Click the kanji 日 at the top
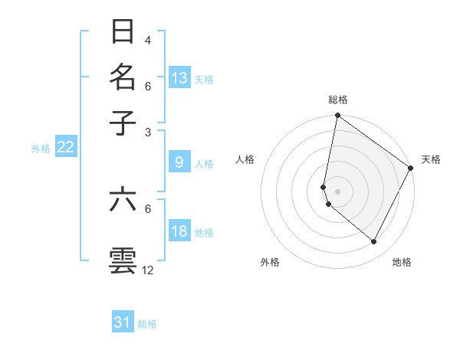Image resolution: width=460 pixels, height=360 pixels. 123,31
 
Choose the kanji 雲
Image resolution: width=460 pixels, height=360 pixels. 123,260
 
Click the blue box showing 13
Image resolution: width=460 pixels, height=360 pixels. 179,77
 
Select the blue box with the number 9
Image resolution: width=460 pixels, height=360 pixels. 179,162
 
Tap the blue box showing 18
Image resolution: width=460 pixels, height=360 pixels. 179,231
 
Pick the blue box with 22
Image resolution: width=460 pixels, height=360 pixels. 65,147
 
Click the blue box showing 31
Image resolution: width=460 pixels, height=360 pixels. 123,322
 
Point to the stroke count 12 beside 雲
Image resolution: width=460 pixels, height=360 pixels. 148,270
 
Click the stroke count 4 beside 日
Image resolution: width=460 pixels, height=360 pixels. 148,40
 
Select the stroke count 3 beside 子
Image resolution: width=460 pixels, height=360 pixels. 148,132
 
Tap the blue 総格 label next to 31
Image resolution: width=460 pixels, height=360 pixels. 147,324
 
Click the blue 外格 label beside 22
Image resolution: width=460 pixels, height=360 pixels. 41,149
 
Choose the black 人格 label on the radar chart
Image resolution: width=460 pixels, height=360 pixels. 245,159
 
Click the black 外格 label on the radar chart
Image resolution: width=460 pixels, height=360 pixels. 270,262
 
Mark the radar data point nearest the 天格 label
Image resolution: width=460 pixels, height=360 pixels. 411,169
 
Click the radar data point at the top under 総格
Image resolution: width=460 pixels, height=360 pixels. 337,116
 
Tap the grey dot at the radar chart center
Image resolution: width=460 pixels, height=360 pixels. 337,191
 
